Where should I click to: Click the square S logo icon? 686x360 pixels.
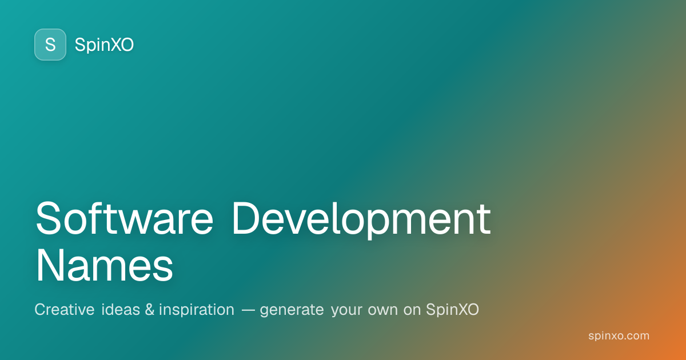[x=50, y=45]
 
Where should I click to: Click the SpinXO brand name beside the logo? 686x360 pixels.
[x=104, y=45]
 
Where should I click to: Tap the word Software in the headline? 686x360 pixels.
[x=125, y=218]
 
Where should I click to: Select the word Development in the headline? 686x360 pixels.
[x=362, y=221]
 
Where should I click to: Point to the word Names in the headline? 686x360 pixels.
[x=105, y=265]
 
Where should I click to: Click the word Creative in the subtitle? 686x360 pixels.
[x=64, y=310]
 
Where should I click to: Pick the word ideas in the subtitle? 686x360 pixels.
[x=120, y=310]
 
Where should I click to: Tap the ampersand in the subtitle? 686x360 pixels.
[x=149, y=310]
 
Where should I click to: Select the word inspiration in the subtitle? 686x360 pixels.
[x=197, y=310]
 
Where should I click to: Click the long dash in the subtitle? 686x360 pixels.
[x=248, y=310]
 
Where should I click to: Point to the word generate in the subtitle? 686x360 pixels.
[x=292, y=311]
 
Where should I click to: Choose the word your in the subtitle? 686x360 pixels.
[x=346, y=311]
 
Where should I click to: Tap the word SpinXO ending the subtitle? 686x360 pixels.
[x=452, y=310]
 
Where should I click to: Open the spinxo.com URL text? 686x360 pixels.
[x=619, y=336]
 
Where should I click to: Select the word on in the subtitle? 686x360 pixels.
[x=412, y=310]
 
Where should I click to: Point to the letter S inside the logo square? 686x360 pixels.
[x=50, y=45]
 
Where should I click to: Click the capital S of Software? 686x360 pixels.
[x=49, y=218]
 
